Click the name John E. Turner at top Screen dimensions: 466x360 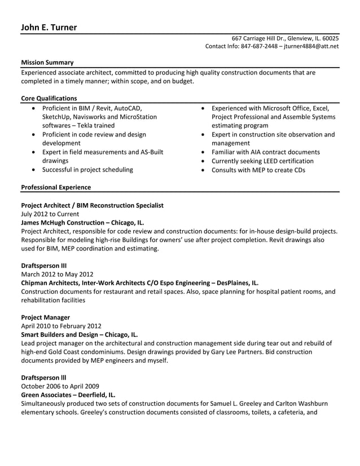(49, 27)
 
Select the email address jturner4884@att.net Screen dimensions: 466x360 (311, 46)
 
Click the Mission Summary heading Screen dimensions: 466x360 (47, 63)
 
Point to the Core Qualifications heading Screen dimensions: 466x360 (49, 98)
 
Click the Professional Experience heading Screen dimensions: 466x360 (56, 187)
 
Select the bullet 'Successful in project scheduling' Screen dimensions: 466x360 (87, 169)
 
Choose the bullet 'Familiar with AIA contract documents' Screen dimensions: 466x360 (265, 152)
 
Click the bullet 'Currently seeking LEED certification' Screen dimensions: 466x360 (262, 161)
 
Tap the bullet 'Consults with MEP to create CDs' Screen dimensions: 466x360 (258, 170)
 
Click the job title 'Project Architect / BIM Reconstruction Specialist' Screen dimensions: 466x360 (92, 205)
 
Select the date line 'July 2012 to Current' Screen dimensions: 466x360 (50, 214)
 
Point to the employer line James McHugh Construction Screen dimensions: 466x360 (82, 223)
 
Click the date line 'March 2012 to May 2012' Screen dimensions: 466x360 (57, 274)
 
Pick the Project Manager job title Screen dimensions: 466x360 (45, 318)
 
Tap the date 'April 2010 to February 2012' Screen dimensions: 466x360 (61, 326)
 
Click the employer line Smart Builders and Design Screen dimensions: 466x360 (79, 335)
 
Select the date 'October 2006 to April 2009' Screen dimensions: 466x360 (60, 386)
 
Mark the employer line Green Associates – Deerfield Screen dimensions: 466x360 (68, 395)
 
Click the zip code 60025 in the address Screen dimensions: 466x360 (330, 38)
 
